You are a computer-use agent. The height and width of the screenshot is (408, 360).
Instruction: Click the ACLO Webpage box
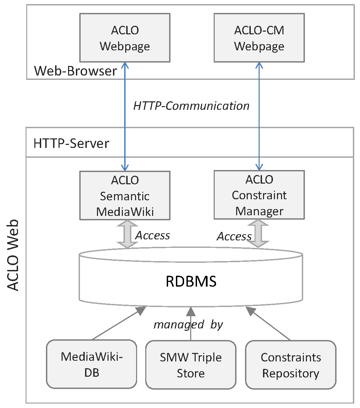click(125, 38)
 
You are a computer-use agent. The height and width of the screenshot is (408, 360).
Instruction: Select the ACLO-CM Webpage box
click(259, 38)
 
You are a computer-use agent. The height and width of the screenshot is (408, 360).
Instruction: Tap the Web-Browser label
click(76, 71)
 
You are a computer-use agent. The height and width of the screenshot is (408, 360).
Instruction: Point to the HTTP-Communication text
click(191, 106)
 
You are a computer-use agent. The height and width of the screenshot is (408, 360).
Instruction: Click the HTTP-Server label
click(71, 143)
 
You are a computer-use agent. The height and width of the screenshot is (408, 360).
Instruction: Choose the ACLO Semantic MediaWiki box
click(125, 195)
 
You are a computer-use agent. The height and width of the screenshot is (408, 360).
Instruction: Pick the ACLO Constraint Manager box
click(259, 195)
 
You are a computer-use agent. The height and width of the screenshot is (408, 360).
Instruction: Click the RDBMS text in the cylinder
click(191, 282)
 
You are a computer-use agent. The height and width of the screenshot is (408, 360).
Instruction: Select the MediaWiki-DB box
click(92, 365)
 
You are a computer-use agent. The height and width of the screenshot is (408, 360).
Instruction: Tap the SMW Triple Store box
click(191, 365)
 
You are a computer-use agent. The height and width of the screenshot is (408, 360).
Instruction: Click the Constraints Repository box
click(291, 365)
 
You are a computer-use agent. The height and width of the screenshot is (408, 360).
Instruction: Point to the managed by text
click(188, 324)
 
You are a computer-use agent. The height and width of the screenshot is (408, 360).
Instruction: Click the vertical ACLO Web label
click(13, 255)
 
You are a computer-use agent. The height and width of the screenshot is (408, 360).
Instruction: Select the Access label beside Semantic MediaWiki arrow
click(152, 235)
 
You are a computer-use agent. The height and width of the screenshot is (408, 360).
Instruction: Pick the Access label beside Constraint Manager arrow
click(234, 236)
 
